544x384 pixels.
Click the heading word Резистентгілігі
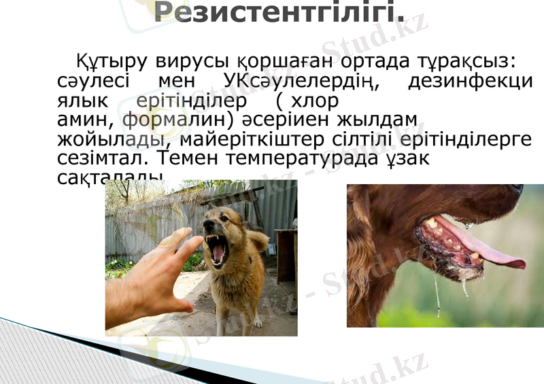(279, 12)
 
